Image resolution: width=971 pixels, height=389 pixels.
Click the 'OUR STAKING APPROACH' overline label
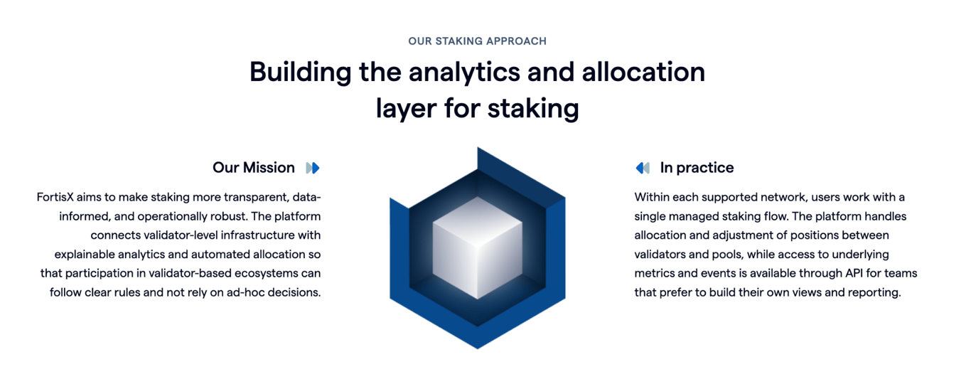(x=477, y=41)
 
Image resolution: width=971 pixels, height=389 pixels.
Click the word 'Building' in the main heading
(x=301, y=72)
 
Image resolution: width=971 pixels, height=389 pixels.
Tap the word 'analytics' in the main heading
(x=464, y=72)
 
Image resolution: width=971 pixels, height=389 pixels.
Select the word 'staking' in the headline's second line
(x=533, y=108)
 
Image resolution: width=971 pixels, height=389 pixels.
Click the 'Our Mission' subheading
(x=254, y=168)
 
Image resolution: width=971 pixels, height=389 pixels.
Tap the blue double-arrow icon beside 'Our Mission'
(x=313, y=168)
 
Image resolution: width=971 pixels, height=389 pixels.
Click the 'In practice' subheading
(x=697, y=168)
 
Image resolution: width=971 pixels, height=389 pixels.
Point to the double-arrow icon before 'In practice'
(x=643, y=168)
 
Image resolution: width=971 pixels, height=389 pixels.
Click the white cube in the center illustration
(x=477, y=247)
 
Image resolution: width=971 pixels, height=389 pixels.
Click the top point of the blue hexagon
(x=478, y=147)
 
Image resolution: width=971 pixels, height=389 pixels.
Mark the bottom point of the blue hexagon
(x=478, y=348)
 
